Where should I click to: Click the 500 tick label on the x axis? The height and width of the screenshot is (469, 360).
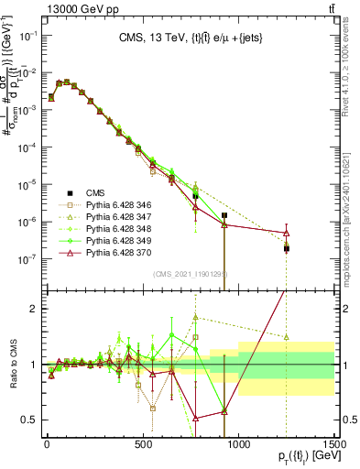point(143,446)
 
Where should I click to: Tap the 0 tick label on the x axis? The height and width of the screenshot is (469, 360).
point(47,446)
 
